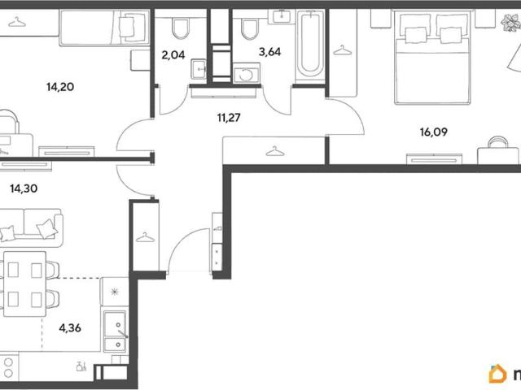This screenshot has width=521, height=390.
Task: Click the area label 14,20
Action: tap(60, 87)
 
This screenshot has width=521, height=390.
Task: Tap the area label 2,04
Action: tap(173, 54)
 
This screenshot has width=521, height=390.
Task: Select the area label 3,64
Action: tap(269, 52)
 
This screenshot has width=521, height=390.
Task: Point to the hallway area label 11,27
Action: tap(229, 117)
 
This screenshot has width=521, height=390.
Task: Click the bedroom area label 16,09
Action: tap(434, 132)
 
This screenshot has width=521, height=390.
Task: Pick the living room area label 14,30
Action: tap(24, 188)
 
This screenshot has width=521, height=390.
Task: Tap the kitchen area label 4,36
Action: tap(70, 328)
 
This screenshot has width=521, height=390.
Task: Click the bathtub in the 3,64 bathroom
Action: tap(310, 45)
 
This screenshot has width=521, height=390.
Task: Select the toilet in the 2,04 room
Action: tap(181, 29)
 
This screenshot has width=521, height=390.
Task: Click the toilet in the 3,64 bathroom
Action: tap(249, 29)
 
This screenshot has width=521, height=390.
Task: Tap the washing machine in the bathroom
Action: tap(247, 73)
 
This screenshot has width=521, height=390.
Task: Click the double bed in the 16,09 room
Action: tap(432, 57)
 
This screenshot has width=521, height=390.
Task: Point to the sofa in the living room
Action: tap(32, 227)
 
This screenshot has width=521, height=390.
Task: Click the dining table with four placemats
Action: tap(24, 284)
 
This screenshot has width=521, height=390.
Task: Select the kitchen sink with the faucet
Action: tap(115, 331)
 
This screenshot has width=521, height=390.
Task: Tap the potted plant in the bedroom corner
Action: tap(510, 23)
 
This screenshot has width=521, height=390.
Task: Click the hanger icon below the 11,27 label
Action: tap(275, 152)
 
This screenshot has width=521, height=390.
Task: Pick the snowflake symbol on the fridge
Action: tap(115, 292)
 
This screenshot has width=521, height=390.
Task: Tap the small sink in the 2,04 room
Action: tap(199, 69)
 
